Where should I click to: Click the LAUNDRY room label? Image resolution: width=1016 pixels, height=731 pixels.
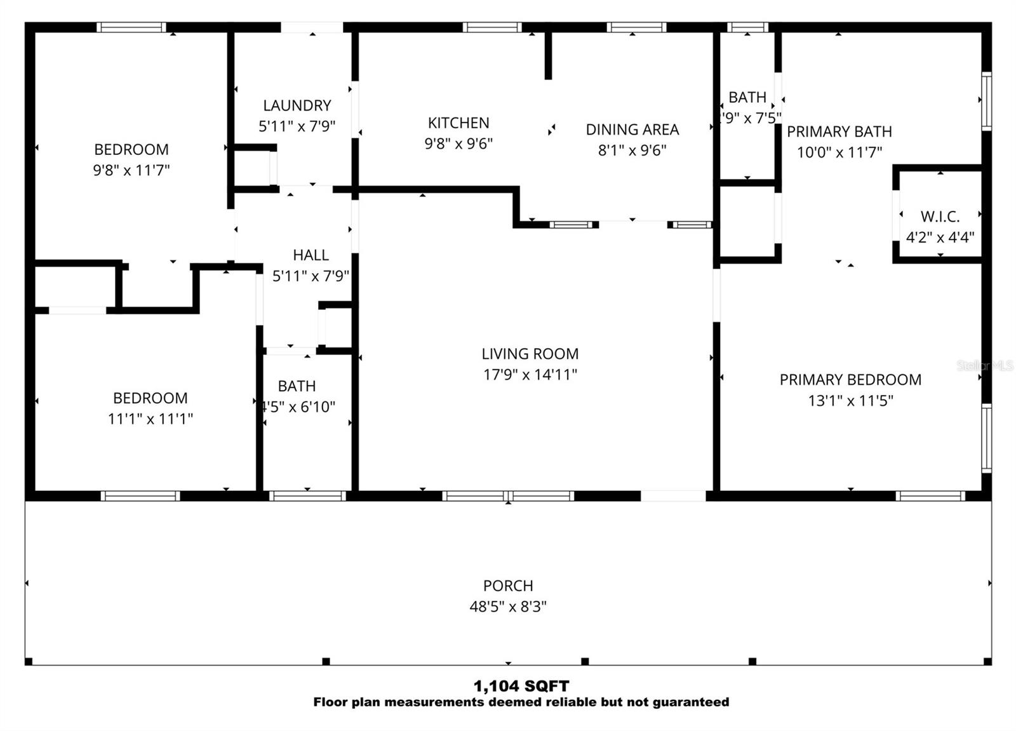point(297,105)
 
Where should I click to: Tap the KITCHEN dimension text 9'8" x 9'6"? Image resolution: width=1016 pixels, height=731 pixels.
point(458,144)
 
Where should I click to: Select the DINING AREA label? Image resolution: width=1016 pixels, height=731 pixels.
point(632,130)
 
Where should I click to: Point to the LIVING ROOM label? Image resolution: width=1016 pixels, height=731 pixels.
point(530,354)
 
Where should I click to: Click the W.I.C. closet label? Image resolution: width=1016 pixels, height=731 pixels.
point(940,217)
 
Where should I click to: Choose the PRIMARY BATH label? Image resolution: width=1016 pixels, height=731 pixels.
point(839,131)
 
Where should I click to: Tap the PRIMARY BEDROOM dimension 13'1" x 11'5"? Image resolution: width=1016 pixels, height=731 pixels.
point(850,400)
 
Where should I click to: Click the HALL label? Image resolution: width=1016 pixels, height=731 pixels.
point(311,255)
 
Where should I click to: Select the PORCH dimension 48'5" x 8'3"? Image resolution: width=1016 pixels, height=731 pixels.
point(507,607)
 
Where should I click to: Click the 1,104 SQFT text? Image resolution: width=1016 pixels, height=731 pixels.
point(521,686)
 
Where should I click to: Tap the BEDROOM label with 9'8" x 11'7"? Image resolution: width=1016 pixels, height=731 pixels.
point(131,150)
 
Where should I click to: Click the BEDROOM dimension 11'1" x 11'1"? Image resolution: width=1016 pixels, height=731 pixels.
point(150,419)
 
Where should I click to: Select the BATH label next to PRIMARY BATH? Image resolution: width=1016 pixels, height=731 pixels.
point(747,98)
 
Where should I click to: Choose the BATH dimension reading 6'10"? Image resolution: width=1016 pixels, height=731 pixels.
point(298,406)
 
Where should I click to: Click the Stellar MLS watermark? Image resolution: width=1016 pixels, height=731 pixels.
point(984,366)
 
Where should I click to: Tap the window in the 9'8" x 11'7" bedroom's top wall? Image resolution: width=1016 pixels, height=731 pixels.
point(131,27)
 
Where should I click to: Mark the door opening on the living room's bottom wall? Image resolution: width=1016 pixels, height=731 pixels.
point(672,496)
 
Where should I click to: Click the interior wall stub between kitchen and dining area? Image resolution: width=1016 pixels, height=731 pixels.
point(548,56)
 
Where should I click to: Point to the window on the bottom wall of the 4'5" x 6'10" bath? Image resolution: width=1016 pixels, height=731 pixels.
point(307,496)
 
